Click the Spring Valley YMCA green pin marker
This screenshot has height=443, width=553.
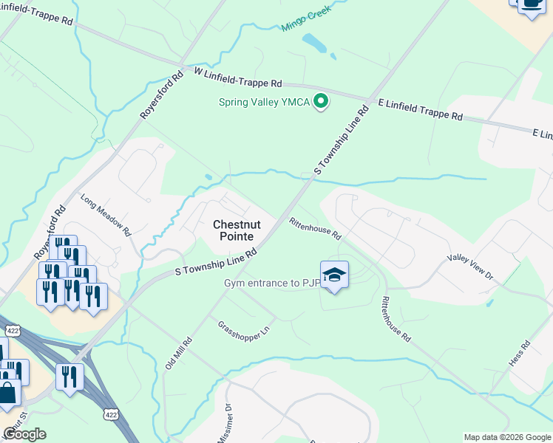pos(321,102)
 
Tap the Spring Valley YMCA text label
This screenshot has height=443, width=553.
pos(264,102)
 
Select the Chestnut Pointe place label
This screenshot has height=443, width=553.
pos(234,230)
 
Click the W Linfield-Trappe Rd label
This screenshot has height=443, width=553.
pos(237,78)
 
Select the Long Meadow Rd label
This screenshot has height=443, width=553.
pos(106,215)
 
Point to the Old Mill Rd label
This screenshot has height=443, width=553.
pos(178,355)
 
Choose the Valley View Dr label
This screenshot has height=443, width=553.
pos(469,266)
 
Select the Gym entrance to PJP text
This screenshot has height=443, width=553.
pos(272,284)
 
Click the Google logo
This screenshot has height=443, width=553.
pos(24,434)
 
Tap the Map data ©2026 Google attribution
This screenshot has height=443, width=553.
pos(506,437)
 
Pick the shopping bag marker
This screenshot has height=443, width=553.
pos(9,392)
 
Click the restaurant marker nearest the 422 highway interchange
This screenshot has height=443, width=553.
pos(70,377)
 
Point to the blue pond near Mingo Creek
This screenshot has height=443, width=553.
pos(313,43)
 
